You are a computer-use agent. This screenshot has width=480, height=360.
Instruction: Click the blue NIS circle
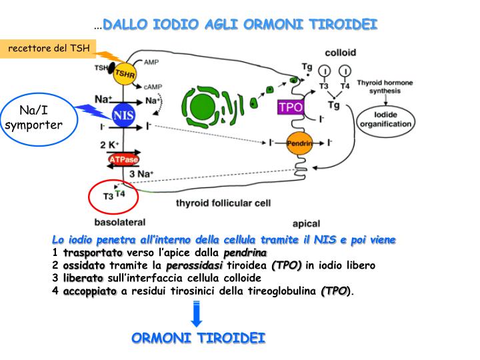pos(123,115)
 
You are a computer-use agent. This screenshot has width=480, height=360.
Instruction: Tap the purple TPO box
pos(291,106)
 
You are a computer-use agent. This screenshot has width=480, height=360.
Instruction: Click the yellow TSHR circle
pos(123,73)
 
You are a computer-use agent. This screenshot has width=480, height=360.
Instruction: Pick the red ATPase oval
pos(123,159)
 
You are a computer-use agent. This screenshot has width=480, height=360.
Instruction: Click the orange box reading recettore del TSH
pos(48,49)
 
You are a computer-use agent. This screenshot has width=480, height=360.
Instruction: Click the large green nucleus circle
pos(200,105)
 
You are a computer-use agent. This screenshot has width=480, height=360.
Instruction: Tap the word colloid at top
pos(340,52)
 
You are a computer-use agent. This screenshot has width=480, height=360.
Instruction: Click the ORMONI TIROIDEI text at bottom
pos(199,338)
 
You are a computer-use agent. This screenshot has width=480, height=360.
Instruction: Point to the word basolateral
pos(119,221)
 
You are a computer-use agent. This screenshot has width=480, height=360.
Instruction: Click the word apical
pos(306,223)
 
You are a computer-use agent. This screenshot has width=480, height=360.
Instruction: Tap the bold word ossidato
pos(84,265)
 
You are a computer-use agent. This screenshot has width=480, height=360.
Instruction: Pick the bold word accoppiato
pos(89,291)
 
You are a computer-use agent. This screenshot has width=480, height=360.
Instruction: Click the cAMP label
pos(152,87)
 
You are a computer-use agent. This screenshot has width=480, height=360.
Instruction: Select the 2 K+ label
pos(109,145)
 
